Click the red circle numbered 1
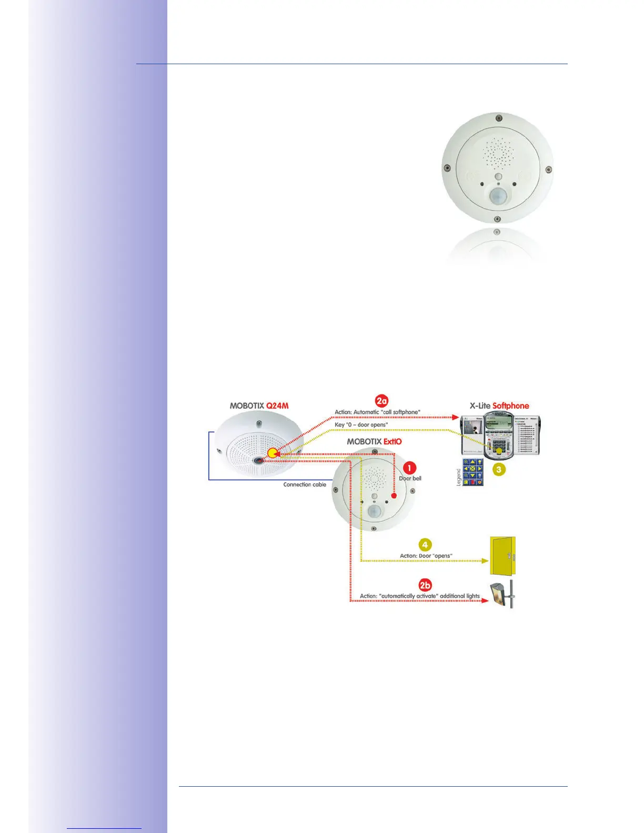409,468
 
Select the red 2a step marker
382,401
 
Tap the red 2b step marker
425,585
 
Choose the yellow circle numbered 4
425,545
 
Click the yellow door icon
502,556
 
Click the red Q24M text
277,406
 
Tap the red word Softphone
510,406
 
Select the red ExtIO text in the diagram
393,442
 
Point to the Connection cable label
305,484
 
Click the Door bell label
410,479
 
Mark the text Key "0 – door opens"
361,424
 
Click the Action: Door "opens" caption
426,556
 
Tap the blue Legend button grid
473,472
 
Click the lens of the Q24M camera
258,461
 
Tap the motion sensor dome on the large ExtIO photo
497,196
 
